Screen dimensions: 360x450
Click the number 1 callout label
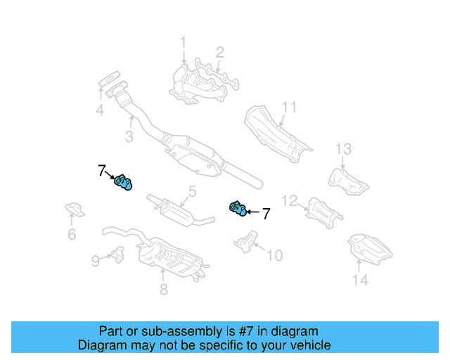[x=183, y=43]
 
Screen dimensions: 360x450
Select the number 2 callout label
[x=220, y=51]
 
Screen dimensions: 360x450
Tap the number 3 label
[x=129, y=136]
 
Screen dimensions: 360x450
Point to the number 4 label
[x=101, y=110]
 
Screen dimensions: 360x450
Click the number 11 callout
[x=289, y=108]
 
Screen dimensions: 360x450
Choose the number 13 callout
[x=342, y=148]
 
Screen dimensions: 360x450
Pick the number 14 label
[x=360, y=281]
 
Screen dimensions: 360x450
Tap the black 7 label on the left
[x=102, y=170]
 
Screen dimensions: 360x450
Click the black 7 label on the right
[x=266, y=214]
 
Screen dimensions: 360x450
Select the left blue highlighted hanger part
[x=123, y=183]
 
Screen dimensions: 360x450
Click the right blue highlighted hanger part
[x=238, y=207]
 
